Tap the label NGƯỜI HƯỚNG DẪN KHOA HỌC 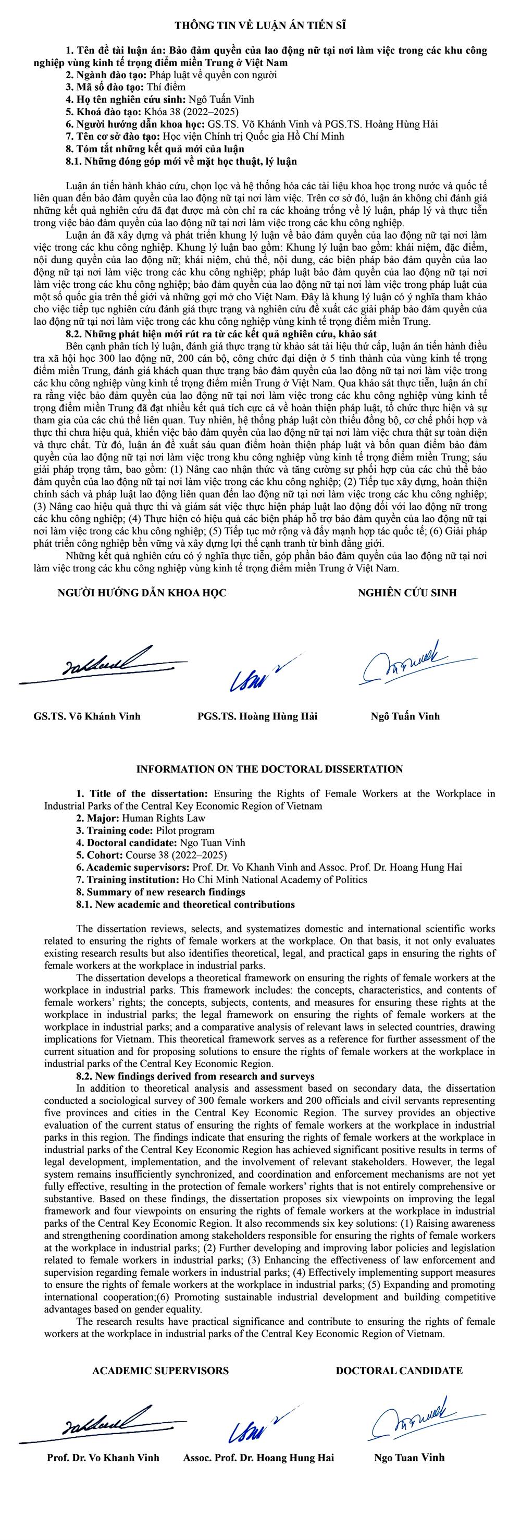pyautogui.click(x=142, y=592)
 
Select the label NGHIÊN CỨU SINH pyautogui.click(x=407, y=592)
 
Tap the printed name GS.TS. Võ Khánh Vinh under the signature pyautogui.click(x=87, y=716)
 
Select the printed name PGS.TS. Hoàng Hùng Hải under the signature pyautogui.click(x=257, y=716)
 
